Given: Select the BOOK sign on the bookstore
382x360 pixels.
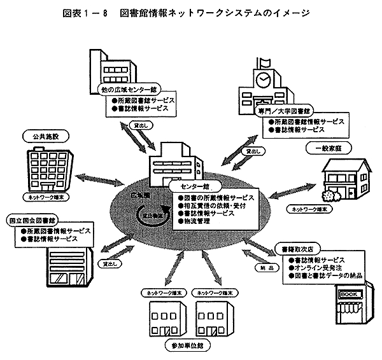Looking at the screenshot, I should tap(350, 295).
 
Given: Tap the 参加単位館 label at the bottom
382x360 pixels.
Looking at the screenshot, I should tap(186, 344).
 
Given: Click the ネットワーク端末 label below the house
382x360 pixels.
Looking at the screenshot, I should tap(308, 208).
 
